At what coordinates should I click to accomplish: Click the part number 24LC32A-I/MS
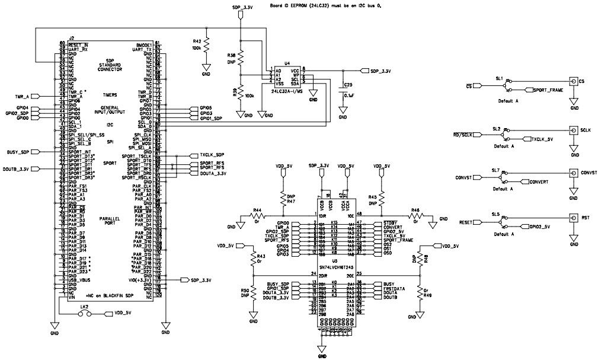(287, 91)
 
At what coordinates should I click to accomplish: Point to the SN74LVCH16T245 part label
(322, 267)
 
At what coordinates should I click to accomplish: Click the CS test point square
(573, 81)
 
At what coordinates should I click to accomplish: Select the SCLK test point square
(573, 130)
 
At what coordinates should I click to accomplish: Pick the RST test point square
(573, 218)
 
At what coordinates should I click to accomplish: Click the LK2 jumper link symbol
(85, 313)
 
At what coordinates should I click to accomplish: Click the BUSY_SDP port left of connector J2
(24, 152)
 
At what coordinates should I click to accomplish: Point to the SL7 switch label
(495, 170)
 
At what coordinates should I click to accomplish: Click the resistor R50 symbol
(254, 293)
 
